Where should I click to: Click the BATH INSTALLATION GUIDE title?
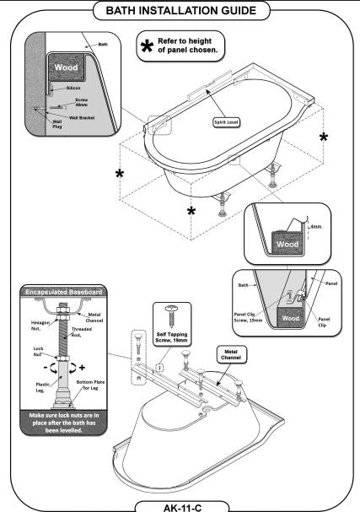coord(180,12)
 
